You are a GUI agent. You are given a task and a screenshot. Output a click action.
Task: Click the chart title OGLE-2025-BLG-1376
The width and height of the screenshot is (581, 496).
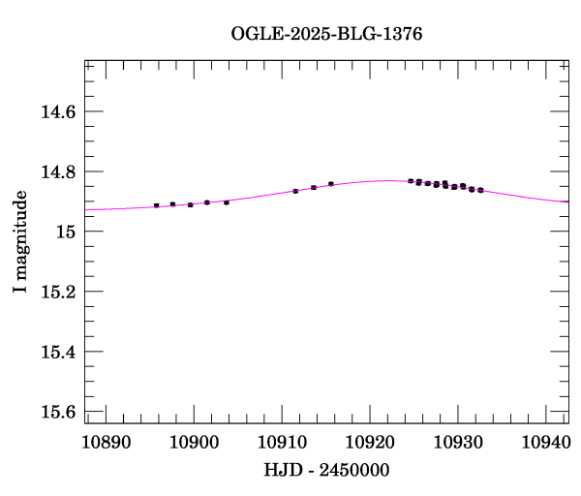tap(326, 33)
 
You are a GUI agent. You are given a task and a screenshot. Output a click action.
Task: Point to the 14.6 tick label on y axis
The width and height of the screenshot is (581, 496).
tap(57, 112)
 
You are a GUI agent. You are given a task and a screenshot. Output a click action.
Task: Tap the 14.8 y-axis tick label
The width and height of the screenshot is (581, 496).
tap(57, 172)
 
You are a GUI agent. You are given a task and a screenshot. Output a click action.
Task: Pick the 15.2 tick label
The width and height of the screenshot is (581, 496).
tap(57, 292)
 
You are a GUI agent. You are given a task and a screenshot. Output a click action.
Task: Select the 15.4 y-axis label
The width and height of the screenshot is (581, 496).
tap(57, 352)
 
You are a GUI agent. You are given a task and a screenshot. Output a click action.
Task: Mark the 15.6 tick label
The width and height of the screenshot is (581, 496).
tap(57, 412)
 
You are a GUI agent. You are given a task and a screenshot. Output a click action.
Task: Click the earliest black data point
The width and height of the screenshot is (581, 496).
tap(156, 205)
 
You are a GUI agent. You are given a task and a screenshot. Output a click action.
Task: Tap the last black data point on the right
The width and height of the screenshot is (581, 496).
tap(480, 190)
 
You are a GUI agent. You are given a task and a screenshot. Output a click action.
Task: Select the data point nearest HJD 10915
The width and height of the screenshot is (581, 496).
tap(330, 183)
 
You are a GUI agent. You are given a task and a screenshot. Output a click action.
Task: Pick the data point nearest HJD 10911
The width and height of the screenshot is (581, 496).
tap(295, 191)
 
